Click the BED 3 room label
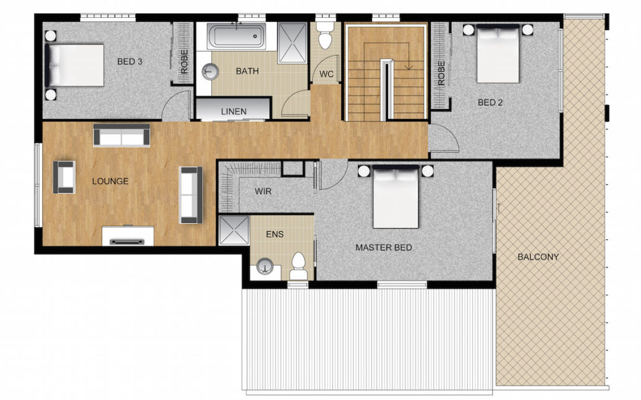tap(129, 62)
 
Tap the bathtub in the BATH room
tap(236, 37)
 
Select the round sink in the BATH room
tap(210, 72)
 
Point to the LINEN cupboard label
tap(233, 111)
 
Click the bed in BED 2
tap(499, 53)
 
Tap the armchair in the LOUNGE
tap(64, 177)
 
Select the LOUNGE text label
tap(110, 181)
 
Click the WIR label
tap(263, 191)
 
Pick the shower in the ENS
tap(234, 231)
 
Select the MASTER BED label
tap(383, 247)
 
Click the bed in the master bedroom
tap(396, 197)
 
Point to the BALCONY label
tap(538, 257)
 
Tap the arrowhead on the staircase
tap(408, 66)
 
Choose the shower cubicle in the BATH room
tap(292, 43)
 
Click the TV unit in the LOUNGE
tap(128, 236)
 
